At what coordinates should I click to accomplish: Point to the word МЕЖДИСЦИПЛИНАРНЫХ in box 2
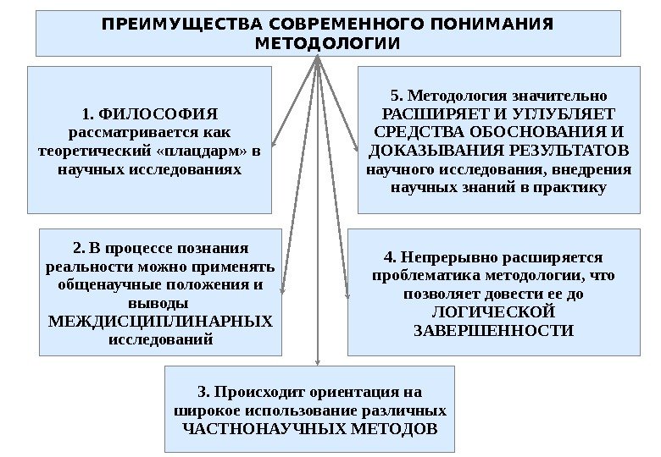(160, 322)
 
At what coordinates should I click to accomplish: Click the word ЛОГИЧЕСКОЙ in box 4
(492, 311)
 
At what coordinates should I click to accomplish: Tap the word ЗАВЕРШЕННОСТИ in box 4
(492, 330)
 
